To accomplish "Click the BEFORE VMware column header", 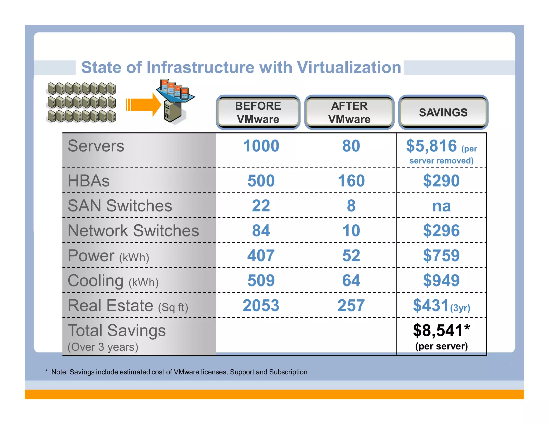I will pos(258,112).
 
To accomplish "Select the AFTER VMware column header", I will pos(349,112).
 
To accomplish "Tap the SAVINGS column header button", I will pos(443,112).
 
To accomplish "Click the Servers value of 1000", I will pos(261,146).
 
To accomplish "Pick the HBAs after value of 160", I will pos(351,181).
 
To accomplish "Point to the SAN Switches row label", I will pos(120,206).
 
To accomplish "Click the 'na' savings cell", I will pos(442,206).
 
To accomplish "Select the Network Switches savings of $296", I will pos(441,230).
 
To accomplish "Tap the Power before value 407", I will pos(261,255).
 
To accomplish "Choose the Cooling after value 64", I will pos(351,280).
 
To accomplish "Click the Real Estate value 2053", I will pos(261,306).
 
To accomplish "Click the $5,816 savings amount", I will pos(431,146).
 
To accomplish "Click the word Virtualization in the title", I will pos(349,67).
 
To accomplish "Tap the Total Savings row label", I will pos(117,330).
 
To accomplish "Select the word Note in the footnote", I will pos(59,372).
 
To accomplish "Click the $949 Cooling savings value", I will pos(441,280).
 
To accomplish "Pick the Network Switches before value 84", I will pos(261,230).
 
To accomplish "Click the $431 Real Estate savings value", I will pos(431,306).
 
